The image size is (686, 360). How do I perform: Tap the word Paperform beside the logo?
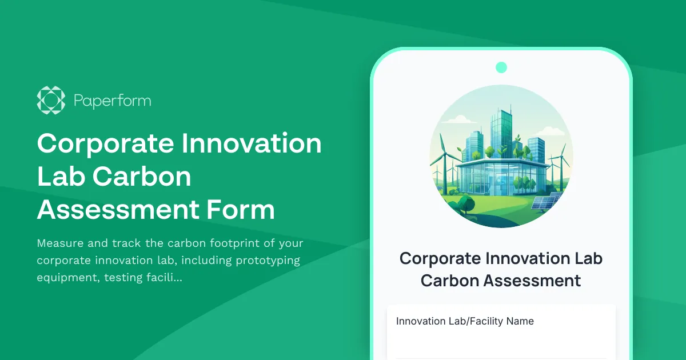[x=113, y=101]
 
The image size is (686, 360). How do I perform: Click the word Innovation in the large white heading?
[x=252, y=143]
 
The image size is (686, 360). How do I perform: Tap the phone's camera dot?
[x=501, y=67]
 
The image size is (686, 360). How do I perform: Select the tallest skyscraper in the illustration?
[x=502, y=134]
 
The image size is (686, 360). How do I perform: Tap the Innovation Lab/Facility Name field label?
[x=465, y=321]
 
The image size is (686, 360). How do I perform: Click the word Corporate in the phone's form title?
[x=440, y=258]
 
